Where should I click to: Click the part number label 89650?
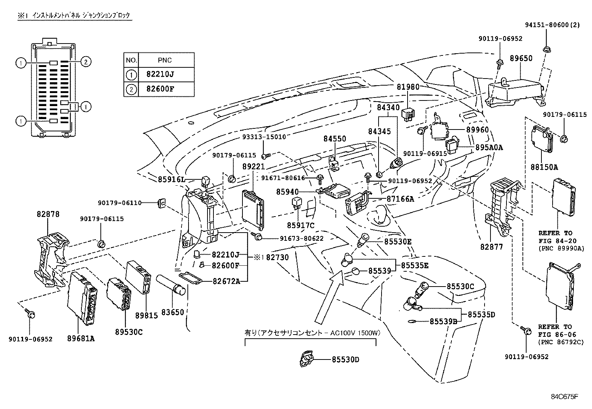[x=521, y=58]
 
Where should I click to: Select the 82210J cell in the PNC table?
[x=160, y=74]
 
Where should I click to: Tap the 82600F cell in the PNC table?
[x=160, y=89]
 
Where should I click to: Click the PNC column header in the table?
[x=164, y=60]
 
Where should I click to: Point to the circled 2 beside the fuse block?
[x=86, y=62]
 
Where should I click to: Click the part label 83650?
[x=172, y=312]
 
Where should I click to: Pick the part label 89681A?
[x=81, y=338]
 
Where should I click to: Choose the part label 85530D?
[x=345, y=360]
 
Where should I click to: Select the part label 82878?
[x=48, y=214]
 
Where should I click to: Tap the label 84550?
[x=334, y=139]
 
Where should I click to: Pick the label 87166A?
[x=400, y=199]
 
